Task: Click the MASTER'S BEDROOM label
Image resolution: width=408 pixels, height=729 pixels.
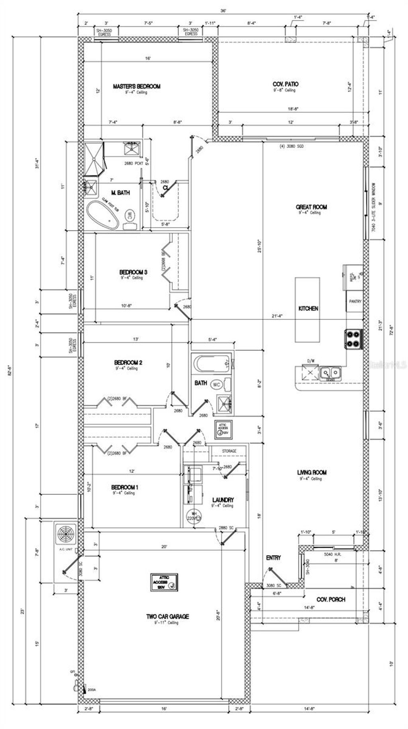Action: [136, 86]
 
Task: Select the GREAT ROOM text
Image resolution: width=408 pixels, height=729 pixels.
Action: [311, 207]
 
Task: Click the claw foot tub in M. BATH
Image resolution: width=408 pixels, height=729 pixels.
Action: [103, 214]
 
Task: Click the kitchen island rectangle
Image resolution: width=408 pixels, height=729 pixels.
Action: [307, 309]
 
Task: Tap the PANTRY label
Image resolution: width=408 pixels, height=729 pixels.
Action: [355, 302]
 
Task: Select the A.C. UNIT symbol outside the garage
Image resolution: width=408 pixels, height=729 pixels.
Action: [66, 534]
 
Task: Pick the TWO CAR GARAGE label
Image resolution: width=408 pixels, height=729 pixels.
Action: [167, 617]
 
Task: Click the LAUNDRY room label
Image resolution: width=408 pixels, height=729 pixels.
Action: [223, 500]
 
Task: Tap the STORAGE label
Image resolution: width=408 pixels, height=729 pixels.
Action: [229, 451]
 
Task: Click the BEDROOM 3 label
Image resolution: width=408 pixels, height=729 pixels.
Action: [133, 272]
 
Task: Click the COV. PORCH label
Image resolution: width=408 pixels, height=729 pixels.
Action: [331, 599]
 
